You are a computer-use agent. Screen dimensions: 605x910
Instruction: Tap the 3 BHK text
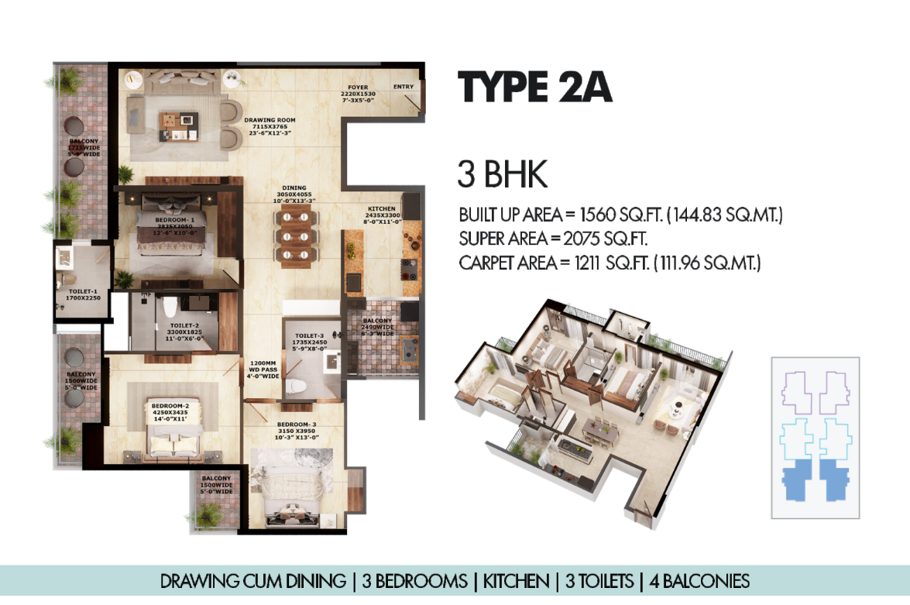click(x=503, y=176)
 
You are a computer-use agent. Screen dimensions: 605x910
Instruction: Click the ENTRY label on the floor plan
click(x=403, y=87)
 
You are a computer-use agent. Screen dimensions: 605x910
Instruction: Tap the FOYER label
click(x=358, y=88)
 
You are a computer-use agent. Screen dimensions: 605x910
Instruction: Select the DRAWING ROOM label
click(x=270, y=120)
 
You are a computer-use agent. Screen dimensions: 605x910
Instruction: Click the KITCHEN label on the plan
click(x=382, y=209)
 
